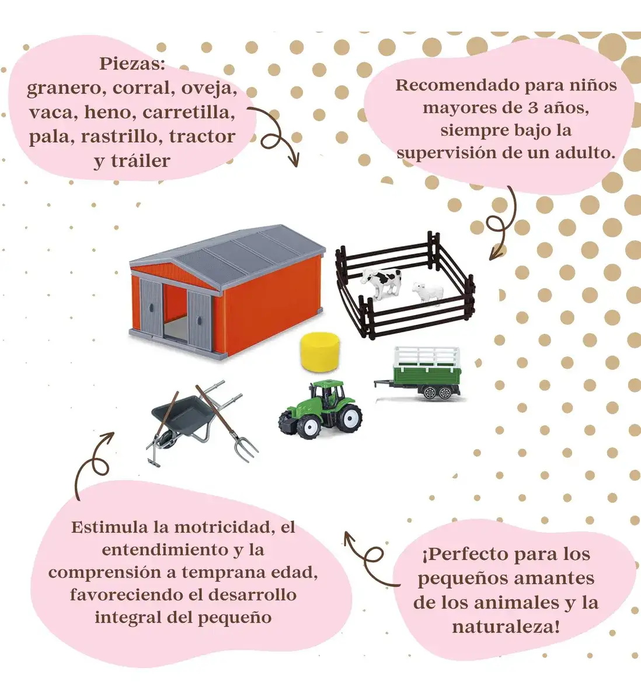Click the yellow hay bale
point(319,351)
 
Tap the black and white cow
point(381,283)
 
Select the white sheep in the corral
point(427,293)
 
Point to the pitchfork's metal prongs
point(245,447)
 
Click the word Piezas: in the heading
point(133,64)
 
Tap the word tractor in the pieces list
point(202,136)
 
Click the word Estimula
point(110,527)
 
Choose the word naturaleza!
point(506,626)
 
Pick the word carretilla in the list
point(189,113)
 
